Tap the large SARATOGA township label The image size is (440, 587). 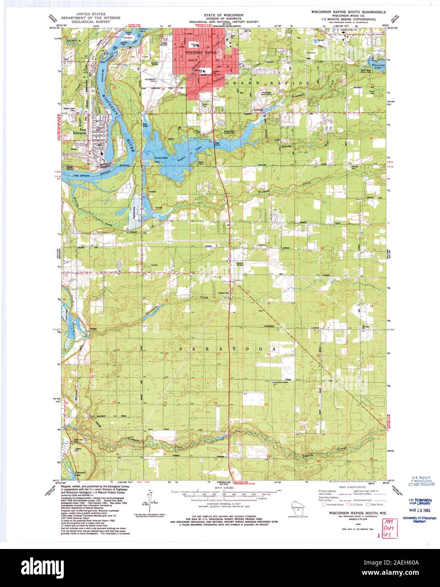[x=228, y=349]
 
